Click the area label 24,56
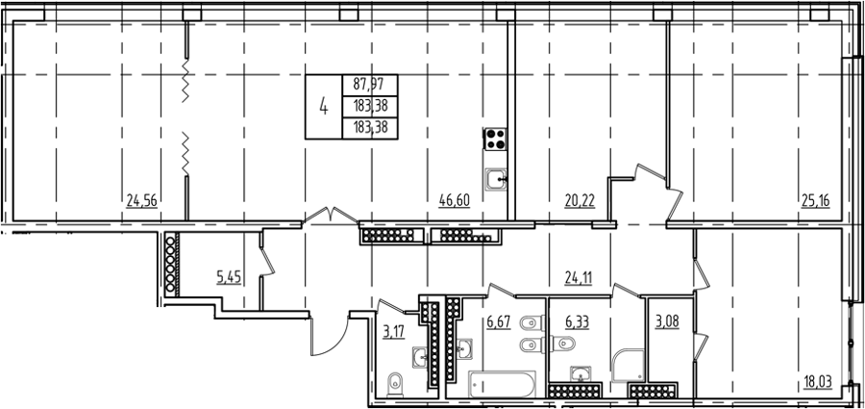point(142,200)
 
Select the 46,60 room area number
point(454,200)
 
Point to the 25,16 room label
point(815,200)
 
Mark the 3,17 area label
point(394,332)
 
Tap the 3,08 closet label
point(666,322)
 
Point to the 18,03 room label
point(816,381)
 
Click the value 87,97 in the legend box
point(370,85)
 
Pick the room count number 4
point(324,106)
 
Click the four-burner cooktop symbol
point(495,139)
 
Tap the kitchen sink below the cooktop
point(496,180)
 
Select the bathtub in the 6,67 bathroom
point(502,384)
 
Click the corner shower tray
point(628,365)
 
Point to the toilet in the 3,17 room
point(395,385)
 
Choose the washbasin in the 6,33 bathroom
point(581,375)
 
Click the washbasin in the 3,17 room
point(422,358)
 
